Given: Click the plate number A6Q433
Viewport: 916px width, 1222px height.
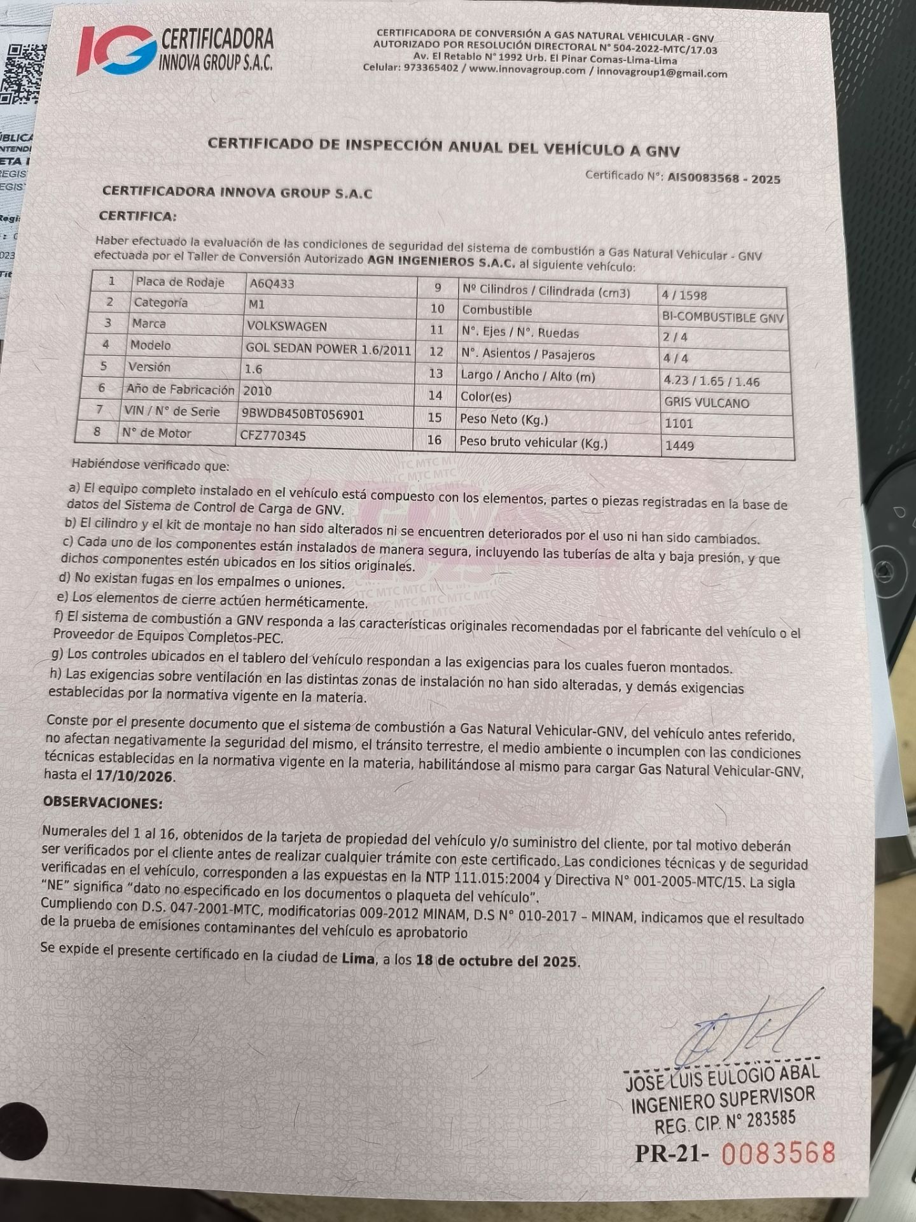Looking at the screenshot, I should pyautogui.click(x=272, y=284).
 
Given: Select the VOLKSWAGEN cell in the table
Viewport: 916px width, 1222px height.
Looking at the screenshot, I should pyautogui.click(x=286, y=327).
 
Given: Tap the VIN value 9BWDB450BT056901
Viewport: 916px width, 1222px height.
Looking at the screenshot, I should pyautogui.click(x=303, y=415).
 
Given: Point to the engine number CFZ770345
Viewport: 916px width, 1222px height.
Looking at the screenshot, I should pyautogui.click(x=273, y=436).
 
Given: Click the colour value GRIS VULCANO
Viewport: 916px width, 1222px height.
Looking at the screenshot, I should pyautogui.click(x=707, y=403).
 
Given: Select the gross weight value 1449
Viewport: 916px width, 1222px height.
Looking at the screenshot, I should pyautogui.click(x=679, y=446).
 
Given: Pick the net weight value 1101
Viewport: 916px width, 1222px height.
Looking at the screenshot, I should pyautogui.click(x=679, y=424).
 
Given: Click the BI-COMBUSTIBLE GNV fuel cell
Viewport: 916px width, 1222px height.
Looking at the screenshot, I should pyautogui.click(x=723, y=318).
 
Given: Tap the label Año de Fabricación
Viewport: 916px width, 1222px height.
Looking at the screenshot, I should pyautogui.click(x=181, y=390).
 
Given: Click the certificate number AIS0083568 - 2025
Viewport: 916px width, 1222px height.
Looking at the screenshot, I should pyautogui.click(x=723, y=179).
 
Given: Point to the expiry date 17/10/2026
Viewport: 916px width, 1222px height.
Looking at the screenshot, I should pyautogui.click(x=134, y=776).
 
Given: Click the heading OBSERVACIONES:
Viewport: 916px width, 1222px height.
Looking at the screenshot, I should pyautogui.click(x=102, y=803).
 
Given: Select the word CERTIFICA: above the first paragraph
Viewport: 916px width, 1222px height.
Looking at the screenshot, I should pyautogui.click(x=137, y=216).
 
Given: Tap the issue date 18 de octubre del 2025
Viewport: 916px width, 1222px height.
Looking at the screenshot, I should pyautogui.click(x=497, y=961).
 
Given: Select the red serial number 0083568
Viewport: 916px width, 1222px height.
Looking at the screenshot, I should pyautogui.click(x=778, y=1153).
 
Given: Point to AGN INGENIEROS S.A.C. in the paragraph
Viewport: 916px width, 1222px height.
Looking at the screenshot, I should pyautogui.click(x=441, y=262).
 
